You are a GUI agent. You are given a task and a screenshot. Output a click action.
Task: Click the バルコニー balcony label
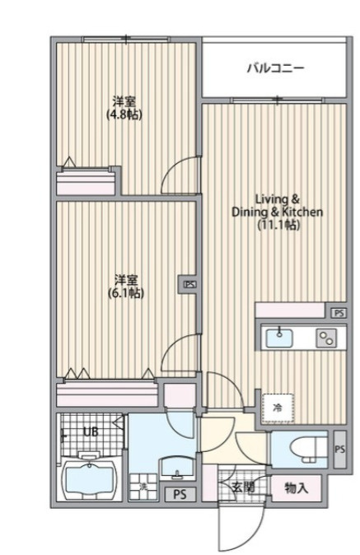pos(275,68)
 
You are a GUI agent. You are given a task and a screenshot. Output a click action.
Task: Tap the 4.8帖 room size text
pos(124,114)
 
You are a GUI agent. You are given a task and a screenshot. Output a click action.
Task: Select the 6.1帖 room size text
pos(126,292)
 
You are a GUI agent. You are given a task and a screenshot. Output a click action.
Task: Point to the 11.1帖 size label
pos(278,225)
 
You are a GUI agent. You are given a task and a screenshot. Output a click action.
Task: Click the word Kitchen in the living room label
pos(302,212)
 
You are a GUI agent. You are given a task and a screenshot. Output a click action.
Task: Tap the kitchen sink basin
pos(279,338)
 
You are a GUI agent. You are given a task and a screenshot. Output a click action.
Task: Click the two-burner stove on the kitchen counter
pos(326,338)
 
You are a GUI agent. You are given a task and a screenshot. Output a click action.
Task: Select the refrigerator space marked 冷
pos(278,408)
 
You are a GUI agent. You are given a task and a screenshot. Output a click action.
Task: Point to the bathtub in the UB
pos(89,479)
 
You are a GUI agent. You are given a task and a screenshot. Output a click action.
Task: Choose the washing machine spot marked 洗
pos(143,487)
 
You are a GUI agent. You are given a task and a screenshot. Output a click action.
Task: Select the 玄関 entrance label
pos(243,487)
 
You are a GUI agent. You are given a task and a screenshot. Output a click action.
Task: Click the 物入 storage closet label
pos(297,488)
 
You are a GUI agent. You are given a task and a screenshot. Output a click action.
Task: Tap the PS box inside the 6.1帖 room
pos(189,284)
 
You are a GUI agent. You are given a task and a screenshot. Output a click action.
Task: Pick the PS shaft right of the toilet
pos(340,449)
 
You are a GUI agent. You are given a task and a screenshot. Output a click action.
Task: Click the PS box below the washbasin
pos(180,494)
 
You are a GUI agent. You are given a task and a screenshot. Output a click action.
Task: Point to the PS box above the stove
pos(339,313)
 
